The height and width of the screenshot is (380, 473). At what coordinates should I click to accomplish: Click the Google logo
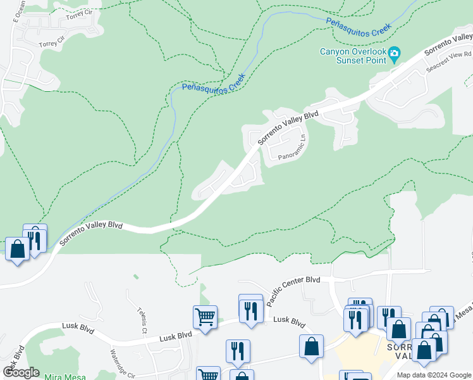point(21,372)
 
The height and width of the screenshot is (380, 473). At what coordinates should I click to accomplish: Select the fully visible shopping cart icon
point(204,317)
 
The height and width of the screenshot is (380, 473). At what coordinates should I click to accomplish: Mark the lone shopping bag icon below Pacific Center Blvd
point(312,346)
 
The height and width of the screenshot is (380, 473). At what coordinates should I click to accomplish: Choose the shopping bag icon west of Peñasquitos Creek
point(17,248)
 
